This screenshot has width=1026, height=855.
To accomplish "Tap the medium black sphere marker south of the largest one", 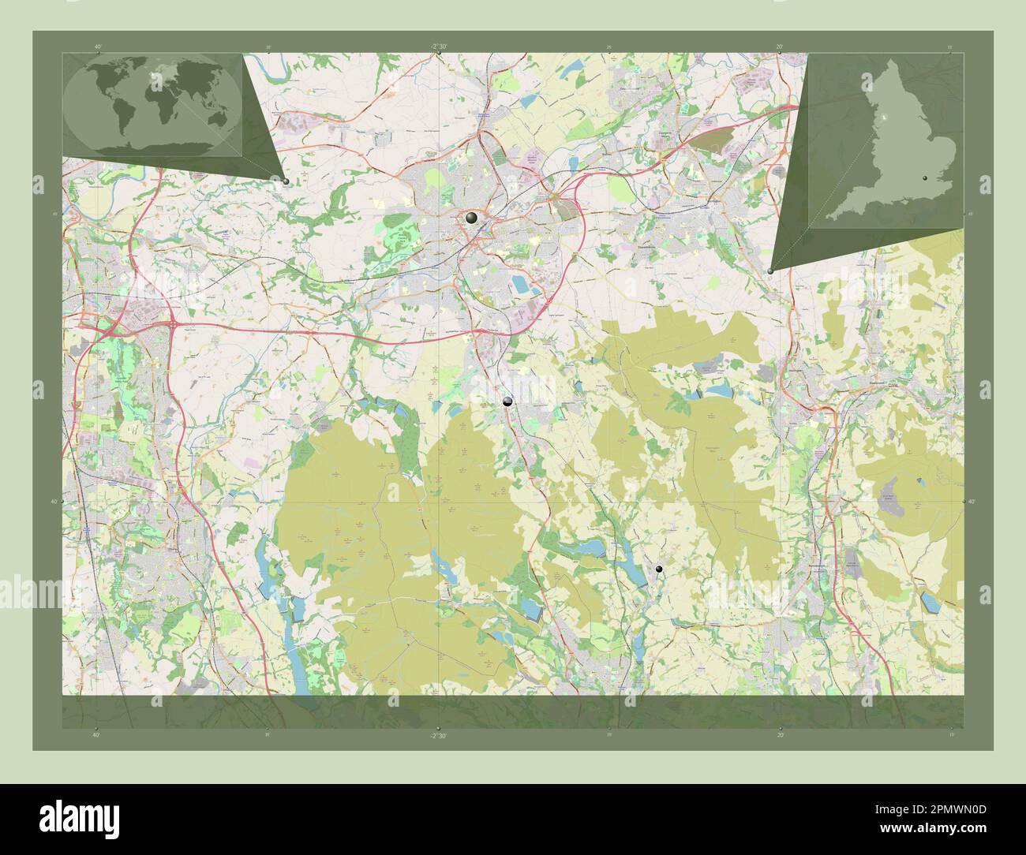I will click(x=507, y=401).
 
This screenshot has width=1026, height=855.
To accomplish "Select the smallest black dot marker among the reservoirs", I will click(x=659, y=568).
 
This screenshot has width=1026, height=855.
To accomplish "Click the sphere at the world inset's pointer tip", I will click(x=285, y=181).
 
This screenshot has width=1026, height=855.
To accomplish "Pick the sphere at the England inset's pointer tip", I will click(x=770, y=271).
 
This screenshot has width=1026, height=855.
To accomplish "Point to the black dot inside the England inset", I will click(x=925, y=179).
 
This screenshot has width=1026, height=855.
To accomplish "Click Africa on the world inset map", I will click(x=152, y=105).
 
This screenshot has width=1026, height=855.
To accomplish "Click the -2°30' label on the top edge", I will click(x=439, y=47).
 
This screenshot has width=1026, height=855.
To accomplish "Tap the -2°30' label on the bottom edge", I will click(x=439, y=735).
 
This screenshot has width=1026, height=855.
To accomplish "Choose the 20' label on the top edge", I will click(x=780, y=47).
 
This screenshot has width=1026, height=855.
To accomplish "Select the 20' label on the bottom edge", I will click(x=780, y=735).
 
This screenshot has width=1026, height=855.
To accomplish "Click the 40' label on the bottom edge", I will click(x=96, y=735).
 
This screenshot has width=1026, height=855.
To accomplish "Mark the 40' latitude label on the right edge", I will click(x=971, y=502).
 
